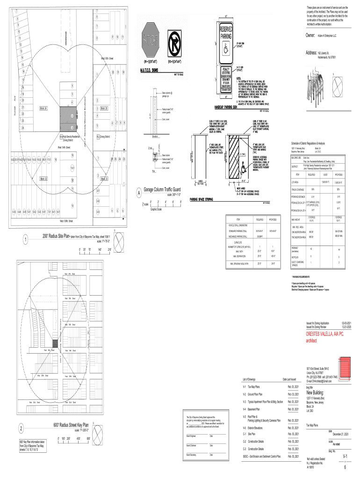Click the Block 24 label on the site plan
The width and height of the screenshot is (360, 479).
click(x=43, y=109)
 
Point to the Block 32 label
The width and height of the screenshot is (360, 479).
click(x=43, y=179)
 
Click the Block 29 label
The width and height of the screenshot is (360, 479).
click(x=104, y=109)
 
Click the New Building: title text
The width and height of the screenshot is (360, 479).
click(x=319, y=392)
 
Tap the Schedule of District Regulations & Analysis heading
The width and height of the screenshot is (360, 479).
click(x=309, y=143)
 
